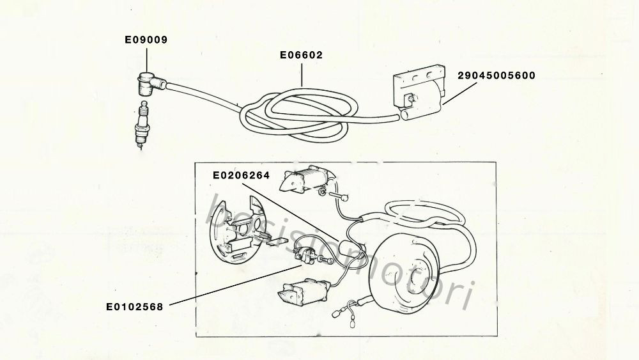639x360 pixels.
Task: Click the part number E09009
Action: pyautogui.click(x=146, y=40)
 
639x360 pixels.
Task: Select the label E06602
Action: pyautogui.click(x=301, y=55)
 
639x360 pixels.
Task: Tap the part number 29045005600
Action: pyautogui.click(x=497, y=75)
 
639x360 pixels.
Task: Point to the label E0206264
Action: pyautogui.click(x=242, y=175)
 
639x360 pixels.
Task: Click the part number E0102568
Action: pyautogui.click(x=134, y=306)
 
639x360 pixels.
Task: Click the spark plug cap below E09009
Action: pyautogui.click(x=151, y=84)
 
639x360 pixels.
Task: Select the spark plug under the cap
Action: pyautogui.click(x=142, y=124)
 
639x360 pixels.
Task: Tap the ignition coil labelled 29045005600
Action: pyautogui.click(x=419, y=92)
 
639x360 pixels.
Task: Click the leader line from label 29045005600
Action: pyautogui.click(x=459, y=94)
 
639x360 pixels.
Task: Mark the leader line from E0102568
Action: pyautogui.click(x=235, y=285)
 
